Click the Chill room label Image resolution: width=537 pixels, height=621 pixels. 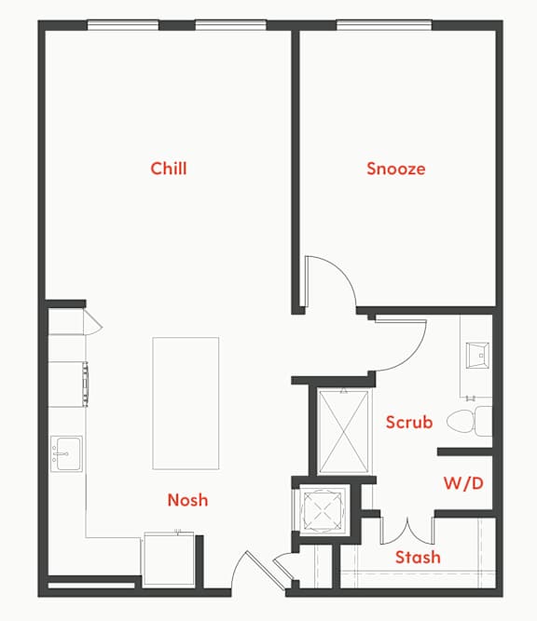(169, 169)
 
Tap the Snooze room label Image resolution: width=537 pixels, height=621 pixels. (395, 169)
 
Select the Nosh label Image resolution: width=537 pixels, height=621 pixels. (187, 500)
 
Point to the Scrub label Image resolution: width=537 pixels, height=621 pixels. (409, 422)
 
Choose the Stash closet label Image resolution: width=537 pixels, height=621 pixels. (418, 558)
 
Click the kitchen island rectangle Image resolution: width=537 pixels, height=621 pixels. (186, 402)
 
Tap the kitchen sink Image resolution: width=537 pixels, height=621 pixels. (66, 453)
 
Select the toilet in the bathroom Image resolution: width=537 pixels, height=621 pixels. (468, 422)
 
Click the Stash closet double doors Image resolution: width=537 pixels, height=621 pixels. (407, 530)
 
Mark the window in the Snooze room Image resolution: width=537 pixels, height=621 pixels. (378, 25)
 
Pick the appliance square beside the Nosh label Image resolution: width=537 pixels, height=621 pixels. (168, 558)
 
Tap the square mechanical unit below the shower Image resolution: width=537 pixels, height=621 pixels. (322, 509)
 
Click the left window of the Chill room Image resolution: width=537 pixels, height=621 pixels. (123, 25)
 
